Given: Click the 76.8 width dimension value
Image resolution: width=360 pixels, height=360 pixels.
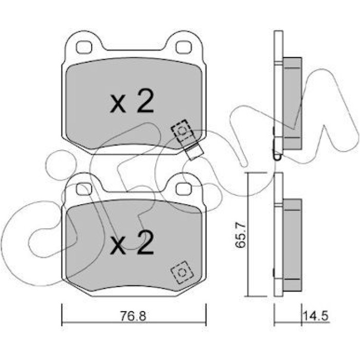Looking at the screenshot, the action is point(133,316).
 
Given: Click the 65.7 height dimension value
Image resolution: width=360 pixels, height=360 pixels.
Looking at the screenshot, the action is point(241,235).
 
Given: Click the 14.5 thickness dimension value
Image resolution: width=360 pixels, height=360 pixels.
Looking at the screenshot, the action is point(316,316).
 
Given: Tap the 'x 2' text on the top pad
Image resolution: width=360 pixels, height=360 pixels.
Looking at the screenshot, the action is point(132,101).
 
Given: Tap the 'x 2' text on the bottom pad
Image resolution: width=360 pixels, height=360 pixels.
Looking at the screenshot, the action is point(132,242).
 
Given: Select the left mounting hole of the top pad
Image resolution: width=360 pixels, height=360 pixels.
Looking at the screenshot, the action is point(84,47).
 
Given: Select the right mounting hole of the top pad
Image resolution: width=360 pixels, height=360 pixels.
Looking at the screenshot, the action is point(184,47).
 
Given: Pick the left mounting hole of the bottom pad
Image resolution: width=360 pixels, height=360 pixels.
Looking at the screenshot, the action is point(84,189).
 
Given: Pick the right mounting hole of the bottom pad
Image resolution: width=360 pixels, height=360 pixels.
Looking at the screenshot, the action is point(184,189).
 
